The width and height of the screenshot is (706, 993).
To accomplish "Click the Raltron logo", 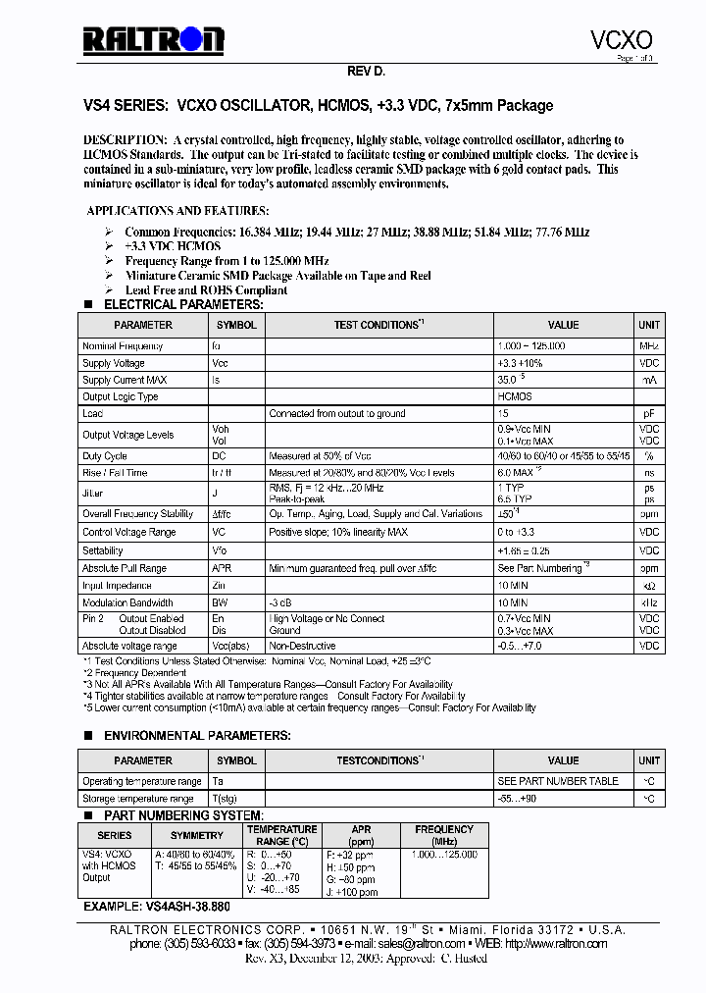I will pyautogui.click(x=153, y=40).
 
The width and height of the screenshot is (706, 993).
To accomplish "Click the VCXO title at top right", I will pyautogui.click(x=621, y=39).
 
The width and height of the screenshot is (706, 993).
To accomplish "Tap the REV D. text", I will pyautogui.click(x=367, y=73).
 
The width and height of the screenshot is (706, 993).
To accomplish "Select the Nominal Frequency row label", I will pyautogui.click(x=123, y=346).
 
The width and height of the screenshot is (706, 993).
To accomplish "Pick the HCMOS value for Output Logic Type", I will pyautogui.click(x=515, y=396).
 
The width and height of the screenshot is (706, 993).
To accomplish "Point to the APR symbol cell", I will pyautogui.click(x=222, y=568).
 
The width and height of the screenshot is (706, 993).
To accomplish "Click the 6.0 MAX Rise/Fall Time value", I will pyautogui.click(x=520, y=473).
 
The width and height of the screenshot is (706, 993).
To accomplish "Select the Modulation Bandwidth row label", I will pyautogui.click(x=127, y=602).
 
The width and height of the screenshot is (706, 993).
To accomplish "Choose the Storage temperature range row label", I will pyautogui.click(x=141, y=799).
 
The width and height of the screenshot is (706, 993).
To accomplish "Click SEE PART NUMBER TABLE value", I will pyautogui.click(x=558, y=781).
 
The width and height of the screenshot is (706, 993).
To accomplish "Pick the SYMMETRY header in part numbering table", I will pyautogui.click(x=197, y=835).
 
